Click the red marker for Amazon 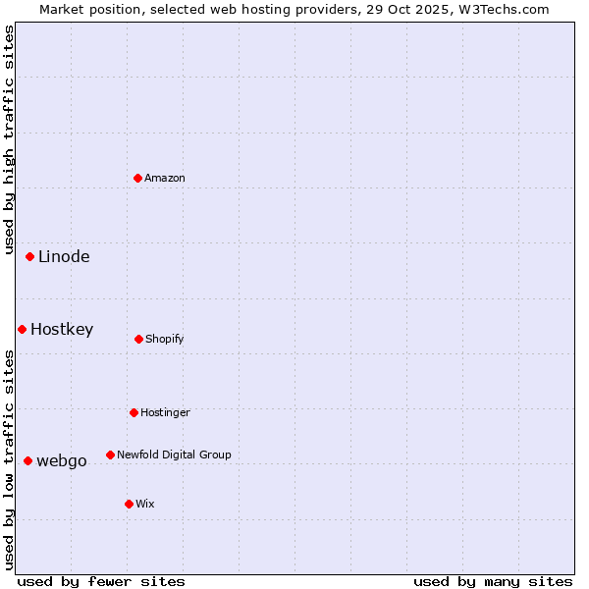[x=138, y=178]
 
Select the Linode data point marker [x=30, y=257]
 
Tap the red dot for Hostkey [x=23, y=329]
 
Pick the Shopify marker [x=139, y=339]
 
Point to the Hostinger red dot [x=134, y=412]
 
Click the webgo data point [x=28, y=460]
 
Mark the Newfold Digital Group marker [x=111, y=455]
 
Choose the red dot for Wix [x=130, y=504]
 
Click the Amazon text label [x=165, y=178]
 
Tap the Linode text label [x=64, y=257]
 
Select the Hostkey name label [x=62, y=330]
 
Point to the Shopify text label [x=165, y=339]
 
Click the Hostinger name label [x=165, y=412]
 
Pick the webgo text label [x=62, y=461]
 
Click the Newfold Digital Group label [x=174, y=455]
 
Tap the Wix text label [x=145, y=504]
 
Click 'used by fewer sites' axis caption [x=101, y=581]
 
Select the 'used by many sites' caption [x=493, y=581]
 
